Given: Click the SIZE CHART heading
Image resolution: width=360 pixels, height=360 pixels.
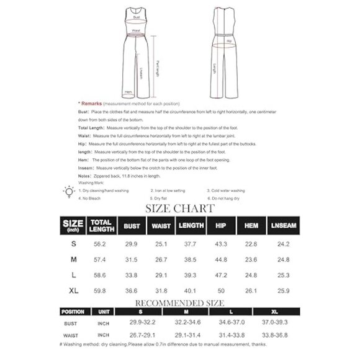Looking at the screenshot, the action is pos(180,208).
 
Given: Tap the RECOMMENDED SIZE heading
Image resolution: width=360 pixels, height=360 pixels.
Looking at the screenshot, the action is pos(179,302).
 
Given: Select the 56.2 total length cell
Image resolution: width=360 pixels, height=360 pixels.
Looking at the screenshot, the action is pos(100,245).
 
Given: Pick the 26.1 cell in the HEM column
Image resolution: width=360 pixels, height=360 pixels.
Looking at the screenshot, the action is pos(252,289).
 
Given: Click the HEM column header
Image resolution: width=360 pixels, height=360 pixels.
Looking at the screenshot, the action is pos(252,225).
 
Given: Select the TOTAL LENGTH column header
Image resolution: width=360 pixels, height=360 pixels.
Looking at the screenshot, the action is pos(101,225).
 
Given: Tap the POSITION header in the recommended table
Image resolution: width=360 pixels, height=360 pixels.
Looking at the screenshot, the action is pos(73,312).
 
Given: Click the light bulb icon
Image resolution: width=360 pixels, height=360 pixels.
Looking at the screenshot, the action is pos(69,192).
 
